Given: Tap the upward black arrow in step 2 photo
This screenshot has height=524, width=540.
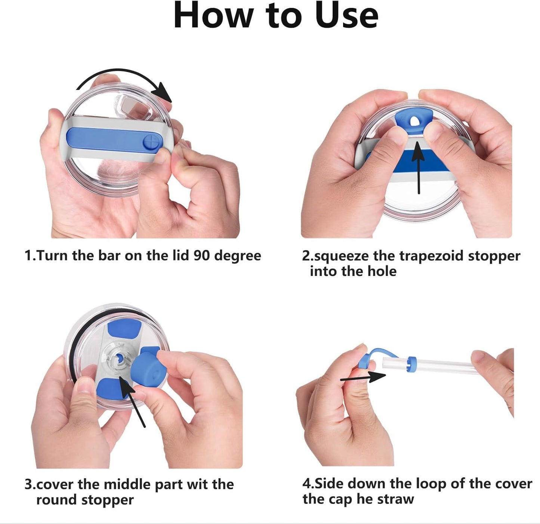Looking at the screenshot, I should [418, 168].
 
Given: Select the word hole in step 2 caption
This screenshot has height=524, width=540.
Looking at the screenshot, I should [382, 271].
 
